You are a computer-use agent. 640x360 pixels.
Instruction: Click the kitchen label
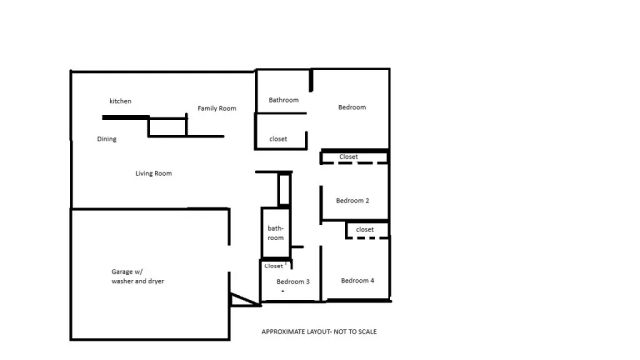(x=120, y=101)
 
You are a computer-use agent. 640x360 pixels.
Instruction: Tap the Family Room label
(x=216, y=108)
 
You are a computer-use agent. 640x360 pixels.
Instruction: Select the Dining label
(x=107, y=139)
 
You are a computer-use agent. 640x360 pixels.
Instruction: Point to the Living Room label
(x=154, y=173)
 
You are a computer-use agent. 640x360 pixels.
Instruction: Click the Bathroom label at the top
(x=284, y=100)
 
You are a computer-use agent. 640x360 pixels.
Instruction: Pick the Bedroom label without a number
(x=351, y=107)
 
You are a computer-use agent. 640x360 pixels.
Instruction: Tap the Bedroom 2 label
(x=352, y=201)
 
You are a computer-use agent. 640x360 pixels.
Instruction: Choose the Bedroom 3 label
(x=293, y=282)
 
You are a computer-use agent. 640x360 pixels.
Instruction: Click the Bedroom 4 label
(x=357, y=280)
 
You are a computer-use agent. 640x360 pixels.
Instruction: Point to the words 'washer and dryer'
(x=138, y=282)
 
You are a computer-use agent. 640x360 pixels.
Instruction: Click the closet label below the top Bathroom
(x=278, y=139)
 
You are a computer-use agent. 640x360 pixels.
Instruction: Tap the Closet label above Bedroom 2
(x=349, y=157)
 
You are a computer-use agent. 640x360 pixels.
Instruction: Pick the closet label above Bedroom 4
(x=365, y=229)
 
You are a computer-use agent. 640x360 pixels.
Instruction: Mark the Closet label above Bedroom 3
(x=274, y=266)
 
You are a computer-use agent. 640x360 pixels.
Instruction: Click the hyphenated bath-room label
(x=276, y=233)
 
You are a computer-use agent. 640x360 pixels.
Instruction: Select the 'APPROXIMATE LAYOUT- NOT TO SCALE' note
(x=320, y=331)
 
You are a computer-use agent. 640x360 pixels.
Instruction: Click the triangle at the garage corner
(x=240, y=299)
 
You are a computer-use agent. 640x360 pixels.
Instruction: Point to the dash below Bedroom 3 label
(x=283, y=291)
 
